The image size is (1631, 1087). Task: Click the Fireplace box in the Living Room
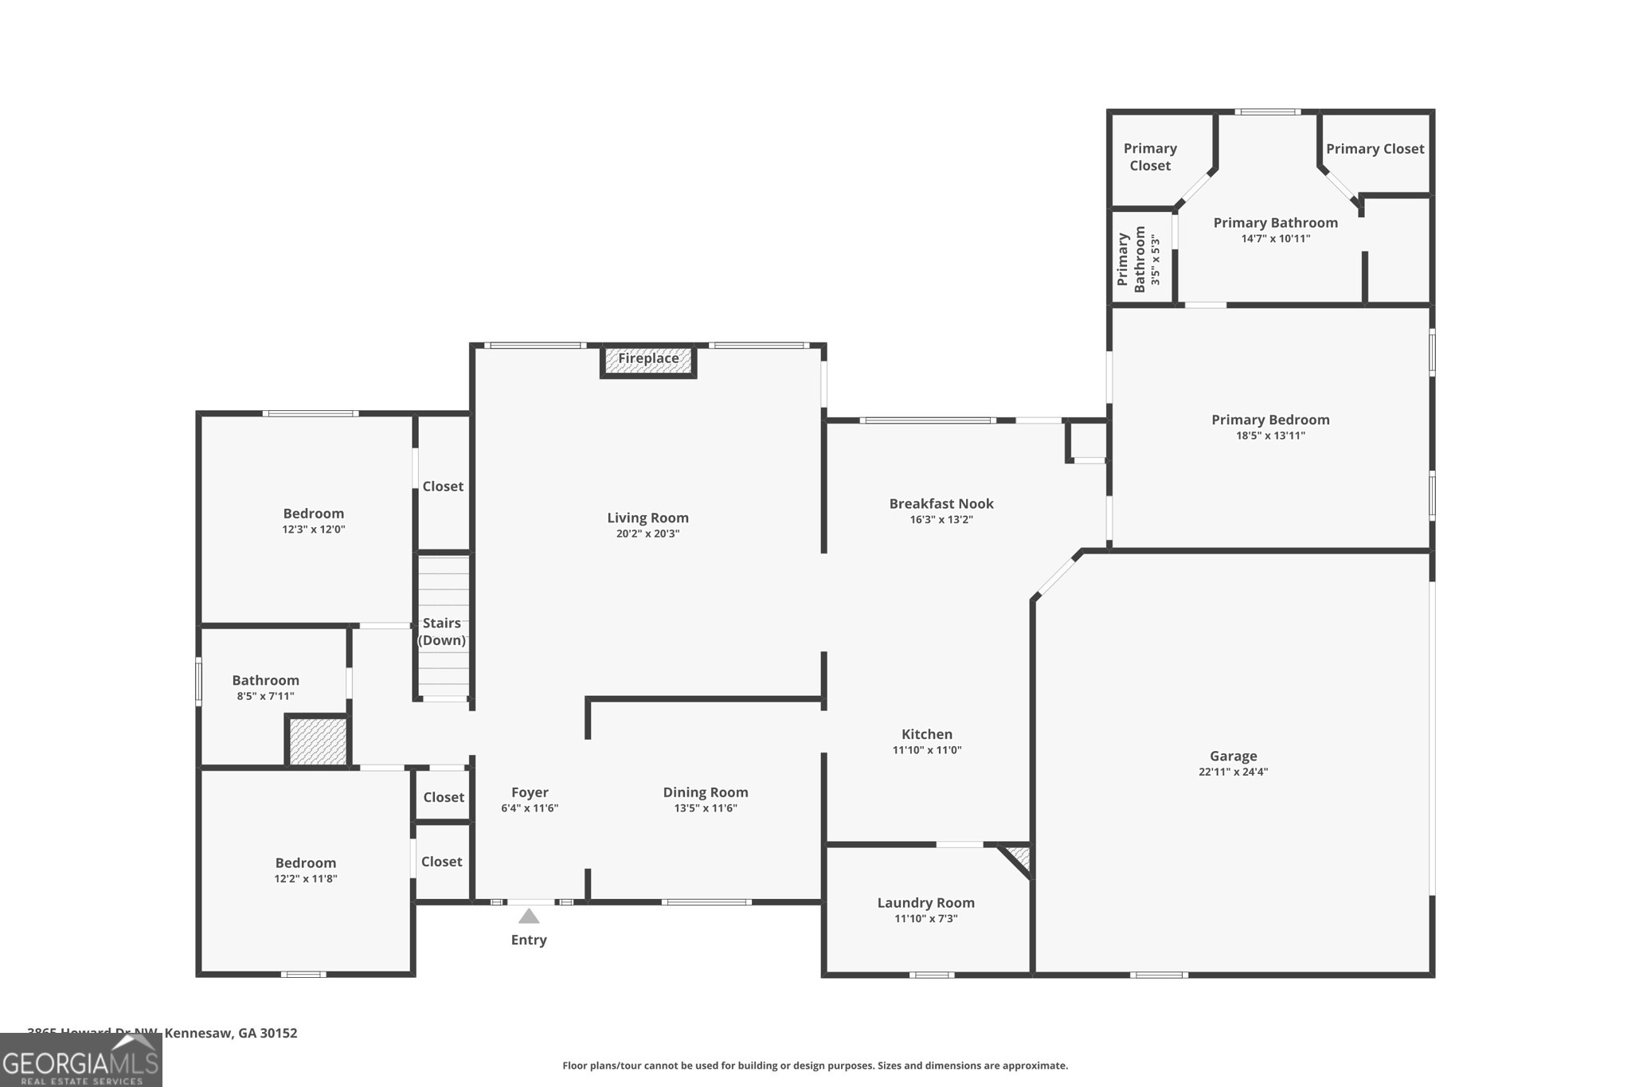[648, 360]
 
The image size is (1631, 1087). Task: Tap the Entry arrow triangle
[529, 917]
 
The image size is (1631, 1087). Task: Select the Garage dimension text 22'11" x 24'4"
[1233, 772]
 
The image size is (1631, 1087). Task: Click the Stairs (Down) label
[442, 631]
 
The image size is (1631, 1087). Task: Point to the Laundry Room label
[925, 902]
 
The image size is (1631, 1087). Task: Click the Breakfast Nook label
[941, 503]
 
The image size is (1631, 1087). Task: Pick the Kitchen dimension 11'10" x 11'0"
[927, 750]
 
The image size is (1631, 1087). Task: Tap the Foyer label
[530, 792]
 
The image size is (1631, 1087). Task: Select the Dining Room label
[706, 792]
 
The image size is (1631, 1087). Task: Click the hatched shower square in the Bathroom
[318, 741]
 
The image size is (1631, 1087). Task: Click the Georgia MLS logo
[80, 1061]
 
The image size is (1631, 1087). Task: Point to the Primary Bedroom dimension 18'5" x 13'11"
[1270, 436]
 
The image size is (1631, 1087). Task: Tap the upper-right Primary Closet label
[1375, 149]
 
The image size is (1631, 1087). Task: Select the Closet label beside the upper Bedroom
[443, 487]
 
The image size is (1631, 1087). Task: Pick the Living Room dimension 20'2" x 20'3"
[647, 534]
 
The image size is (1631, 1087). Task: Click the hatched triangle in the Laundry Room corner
[1020, 858]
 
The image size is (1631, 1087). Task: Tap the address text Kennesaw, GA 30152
[230, 1033]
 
